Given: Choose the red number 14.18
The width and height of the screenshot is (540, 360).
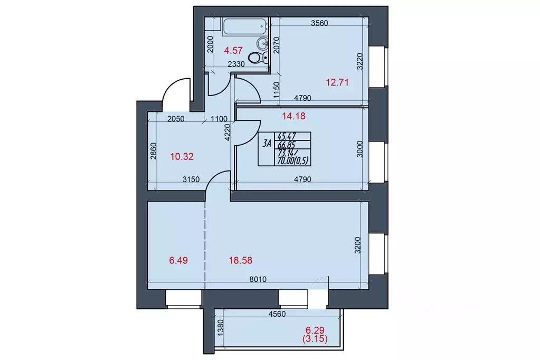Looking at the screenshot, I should (x=294, y=113).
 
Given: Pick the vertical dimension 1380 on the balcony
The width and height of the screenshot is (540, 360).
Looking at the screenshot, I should (x=221, y=334).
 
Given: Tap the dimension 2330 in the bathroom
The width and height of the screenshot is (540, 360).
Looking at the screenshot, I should (x=237, y=64).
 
